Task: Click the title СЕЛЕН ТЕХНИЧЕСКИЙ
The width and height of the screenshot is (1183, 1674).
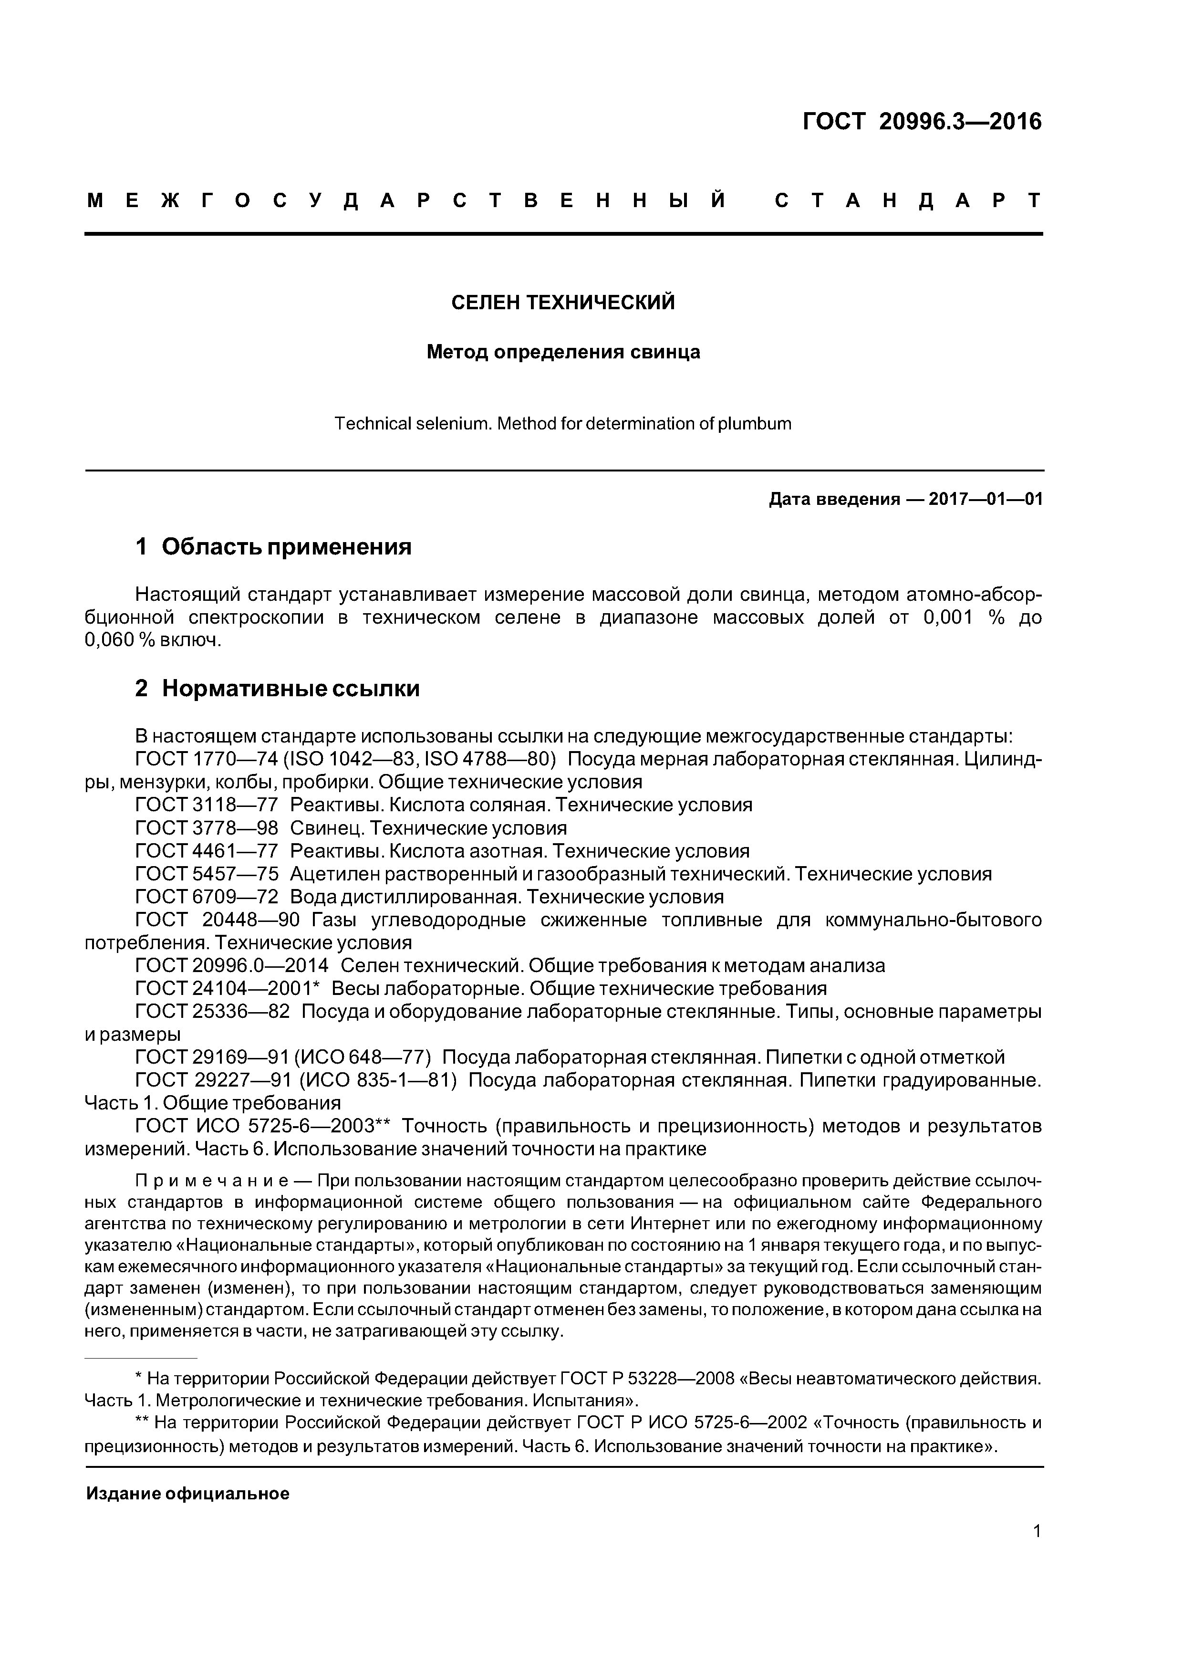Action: pos(563,302)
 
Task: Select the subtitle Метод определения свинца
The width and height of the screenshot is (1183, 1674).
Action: pos(563,352)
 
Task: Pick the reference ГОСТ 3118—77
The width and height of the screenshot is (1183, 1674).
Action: pos(207,805)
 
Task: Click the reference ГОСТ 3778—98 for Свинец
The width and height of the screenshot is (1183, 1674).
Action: pos(207,828)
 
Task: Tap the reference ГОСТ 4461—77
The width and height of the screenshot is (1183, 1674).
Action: pos(207,851)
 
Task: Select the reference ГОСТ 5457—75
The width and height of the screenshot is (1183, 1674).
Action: pos(207,874)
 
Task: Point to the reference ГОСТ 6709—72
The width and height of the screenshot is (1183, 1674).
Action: pos(207,897)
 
